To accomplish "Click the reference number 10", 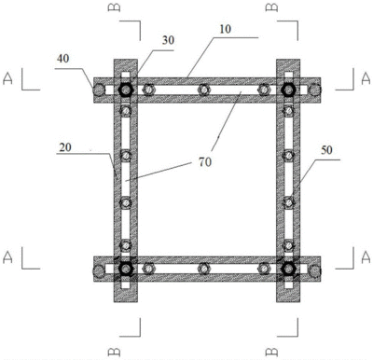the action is click(226, 29).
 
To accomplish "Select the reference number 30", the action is click(168, 40).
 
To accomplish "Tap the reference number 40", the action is click(62, 59).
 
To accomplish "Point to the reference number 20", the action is click(65, 147).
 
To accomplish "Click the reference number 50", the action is click(326, 150).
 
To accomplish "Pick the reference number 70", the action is click(205, 161).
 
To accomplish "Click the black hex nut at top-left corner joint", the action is click(126, 90).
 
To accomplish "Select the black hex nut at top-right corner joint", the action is click(288, 90).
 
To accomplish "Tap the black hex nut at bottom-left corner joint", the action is click(126, 269).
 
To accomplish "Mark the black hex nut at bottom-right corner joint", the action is click(288, 269).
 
